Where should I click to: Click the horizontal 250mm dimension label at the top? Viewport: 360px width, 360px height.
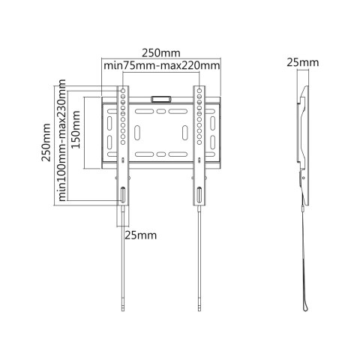(x=161, y=53)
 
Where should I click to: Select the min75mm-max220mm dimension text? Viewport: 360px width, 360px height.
(x=162, y=66)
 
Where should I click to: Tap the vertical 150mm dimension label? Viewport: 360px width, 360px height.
(x=76, y=130)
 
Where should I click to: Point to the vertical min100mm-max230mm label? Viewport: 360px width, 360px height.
(x=61, y=140)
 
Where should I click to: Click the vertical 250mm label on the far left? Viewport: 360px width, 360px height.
(x=46, y=142)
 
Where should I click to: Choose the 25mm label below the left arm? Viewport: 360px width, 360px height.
(x=141, y=235)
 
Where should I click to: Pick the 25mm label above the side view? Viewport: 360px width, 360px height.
(x=303, y=62)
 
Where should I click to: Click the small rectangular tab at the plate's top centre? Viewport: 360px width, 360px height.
(x=160, y=99)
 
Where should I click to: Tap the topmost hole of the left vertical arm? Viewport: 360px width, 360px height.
(x=123, y=91)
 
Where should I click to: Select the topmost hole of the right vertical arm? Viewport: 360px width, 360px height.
(x=199, y=91)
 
